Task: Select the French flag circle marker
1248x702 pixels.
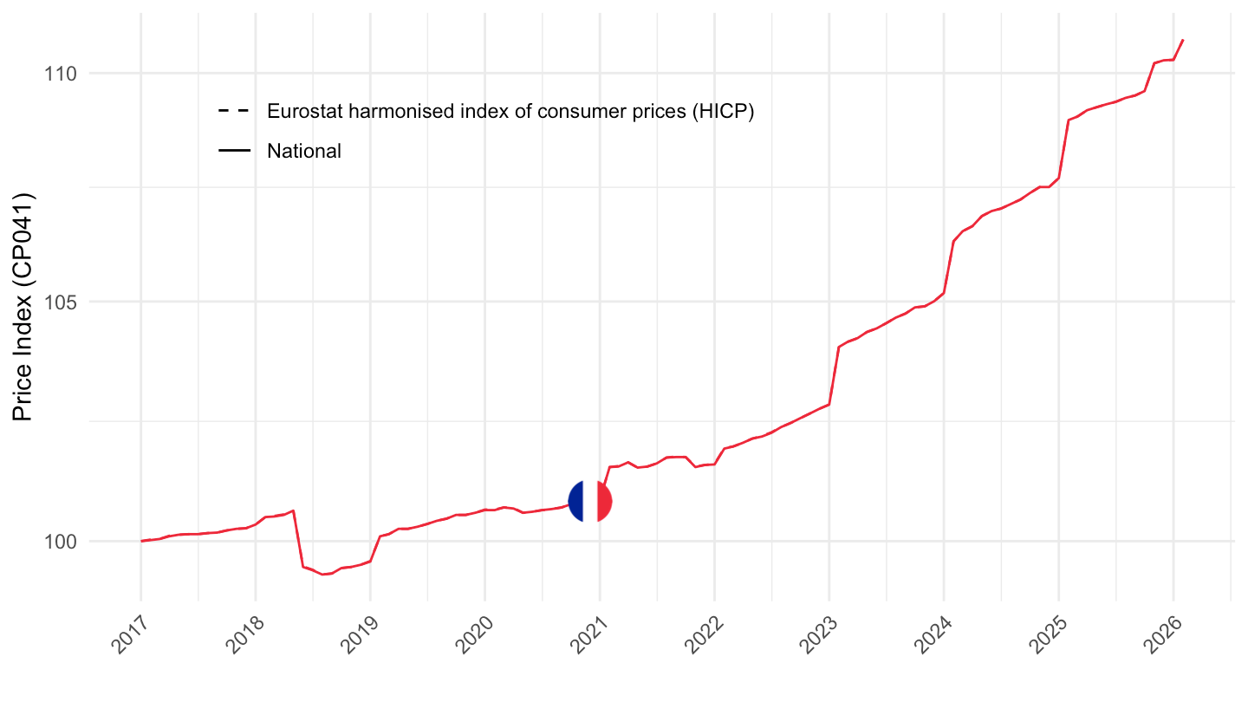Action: (590, 501)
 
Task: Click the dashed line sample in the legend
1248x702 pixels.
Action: (234, 112)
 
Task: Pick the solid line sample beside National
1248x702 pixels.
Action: (234, 151)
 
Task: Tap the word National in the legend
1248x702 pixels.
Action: (304, 151)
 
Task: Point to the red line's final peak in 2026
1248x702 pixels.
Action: (1183, 40)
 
